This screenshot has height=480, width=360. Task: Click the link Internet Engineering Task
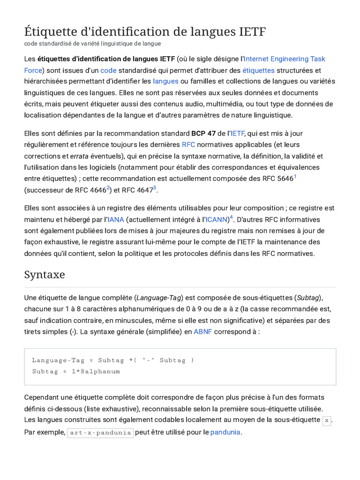tap(285, 59)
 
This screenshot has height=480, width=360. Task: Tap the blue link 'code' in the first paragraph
tap(108, 70)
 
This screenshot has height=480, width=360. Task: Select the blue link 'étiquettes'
tap(258, 70)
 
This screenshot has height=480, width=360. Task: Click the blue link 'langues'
tap(165, 82)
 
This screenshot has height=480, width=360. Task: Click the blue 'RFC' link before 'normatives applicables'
tap(188, 145)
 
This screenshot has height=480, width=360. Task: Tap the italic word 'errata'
tap(79, 156)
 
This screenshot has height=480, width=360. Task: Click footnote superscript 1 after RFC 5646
tap(295, 177)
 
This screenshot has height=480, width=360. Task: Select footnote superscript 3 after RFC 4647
tap(155, 188)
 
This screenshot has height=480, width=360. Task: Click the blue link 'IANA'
tap(116, 219)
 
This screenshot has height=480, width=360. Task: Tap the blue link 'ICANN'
tap(217, 219)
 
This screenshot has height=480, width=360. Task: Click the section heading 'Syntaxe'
tap(45, 275)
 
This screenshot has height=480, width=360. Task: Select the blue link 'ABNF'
tap(203, 331)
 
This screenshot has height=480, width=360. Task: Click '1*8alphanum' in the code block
tap(96, 372)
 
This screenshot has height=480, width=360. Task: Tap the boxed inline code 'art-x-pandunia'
tap(100, 433)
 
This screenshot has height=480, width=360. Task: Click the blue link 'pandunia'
tap(225, 432)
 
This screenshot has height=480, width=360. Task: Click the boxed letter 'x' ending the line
tap(327, 421)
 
